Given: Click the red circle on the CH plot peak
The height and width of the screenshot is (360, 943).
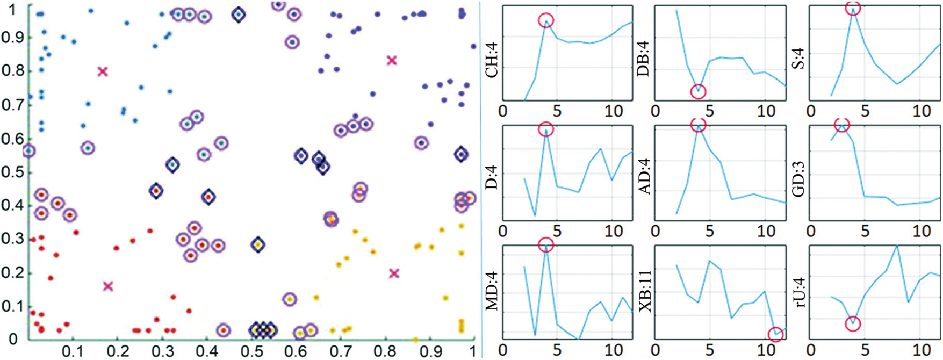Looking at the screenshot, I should [x=546, y=21].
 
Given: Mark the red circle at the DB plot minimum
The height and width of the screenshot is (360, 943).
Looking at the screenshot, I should [x=698, y=91].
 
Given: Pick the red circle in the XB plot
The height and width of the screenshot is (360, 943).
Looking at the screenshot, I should [x=775, y=334].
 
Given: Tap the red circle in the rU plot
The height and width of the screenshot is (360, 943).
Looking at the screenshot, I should [x=853, y=323].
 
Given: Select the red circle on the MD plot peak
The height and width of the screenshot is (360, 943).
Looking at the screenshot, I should [x=546, y=245].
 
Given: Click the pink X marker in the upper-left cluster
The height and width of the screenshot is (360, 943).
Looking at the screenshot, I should [x=103, y=71].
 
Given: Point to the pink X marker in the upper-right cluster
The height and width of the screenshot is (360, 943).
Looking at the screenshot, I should [x=392, y=60].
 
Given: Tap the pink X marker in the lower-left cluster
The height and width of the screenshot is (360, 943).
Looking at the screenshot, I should [x=108, y=286].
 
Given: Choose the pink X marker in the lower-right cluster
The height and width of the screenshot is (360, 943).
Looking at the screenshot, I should [x=394, y=273].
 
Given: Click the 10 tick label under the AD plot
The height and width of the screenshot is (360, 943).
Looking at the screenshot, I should [x=765, y=232].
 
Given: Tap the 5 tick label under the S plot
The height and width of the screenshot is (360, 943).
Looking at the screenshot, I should [x=865, y=111].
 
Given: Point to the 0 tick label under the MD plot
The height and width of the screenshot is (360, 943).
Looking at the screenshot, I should [x=502, y=351].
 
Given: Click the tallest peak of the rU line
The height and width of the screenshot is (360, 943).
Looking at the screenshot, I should [x=897, y=246].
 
